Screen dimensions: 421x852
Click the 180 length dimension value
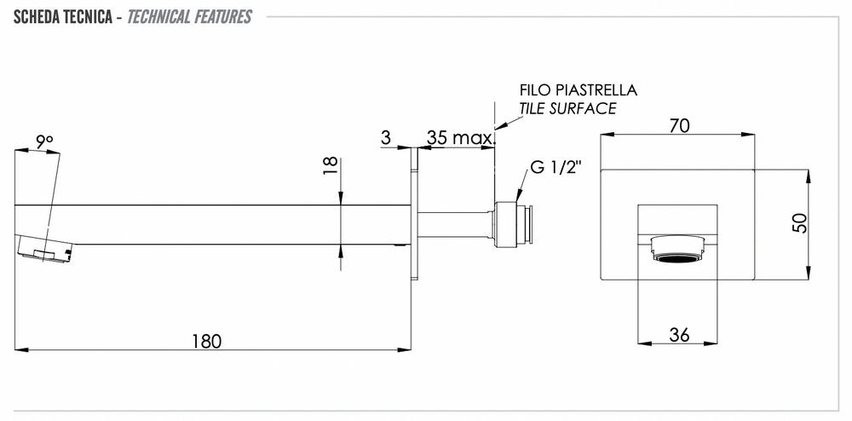tap(206, 341)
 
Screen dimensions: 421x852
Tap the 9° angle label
tap(44, 141)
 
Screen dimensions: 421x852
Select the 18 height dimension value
tap(331, 165)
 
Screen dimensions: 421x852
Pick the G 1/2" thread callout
tap(555, 167)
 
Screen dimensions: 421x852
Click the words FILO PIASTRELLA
tap(579, 90)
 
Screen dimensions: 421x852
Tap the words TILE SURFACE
tap(567, 108)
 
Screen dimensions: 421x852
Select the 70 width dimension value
tap(679, 125)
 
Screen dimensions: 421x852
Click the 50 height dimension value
tap(799, 223)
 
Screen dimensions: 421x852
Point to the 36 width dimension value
tap(679, 335)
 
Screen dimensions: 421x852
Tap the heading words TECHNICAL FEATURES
tap(189, 17)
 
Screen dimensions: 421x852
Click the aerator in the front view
tap(680, 254)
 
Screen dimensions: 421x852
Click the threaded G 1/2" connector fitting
tap(515, 225)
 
